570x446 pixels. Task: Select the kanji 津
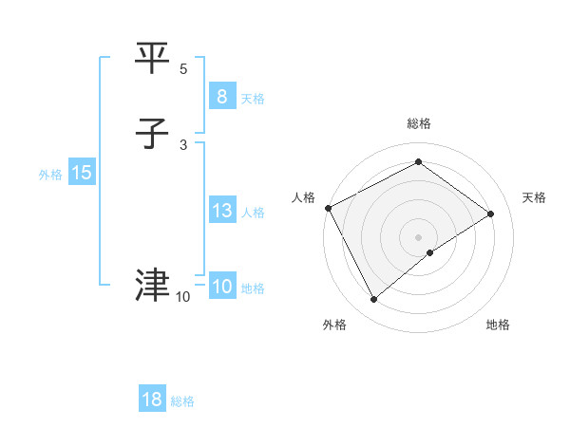[x=154, y=285]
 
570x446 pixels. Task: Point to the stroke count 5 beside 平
[x=183, y=69]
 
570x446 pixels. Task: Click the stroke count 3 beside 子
[x=183, y=144]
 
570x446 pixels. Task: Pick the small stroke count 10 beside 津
[x=182, y=297]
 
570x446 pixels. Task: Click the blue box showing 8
[x=221, y=97]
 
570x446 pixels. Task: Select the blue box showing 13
[x=221, y=211]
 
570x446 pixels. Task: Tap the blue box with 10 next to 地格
[x=221, y=287]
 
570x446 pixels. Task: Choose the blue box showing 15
[x=82, y=173]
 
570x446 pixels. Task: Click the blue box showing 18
[x=152, y=400]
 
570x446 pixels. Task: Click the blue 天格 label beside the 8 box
[x=253, y=99]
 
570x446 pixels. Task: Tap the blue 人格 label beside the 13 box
[x=253, y=213]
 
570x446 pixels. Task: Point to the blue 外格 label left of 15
[x=50, y=175]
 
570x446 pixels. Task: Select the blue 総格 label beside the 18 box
[x=182, y=401]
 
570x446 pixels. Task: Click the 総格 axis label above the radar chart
[x=419, y=123]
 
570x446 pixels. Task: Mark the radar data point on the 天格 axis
[x=491, y=214]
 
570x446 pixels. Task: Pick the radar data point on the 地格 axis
[x=431, y=252]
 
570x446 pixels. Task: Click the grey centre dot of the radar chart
[x=419, y=236]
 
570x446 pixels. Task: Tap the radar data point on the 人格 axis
[x=328, y=208]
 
